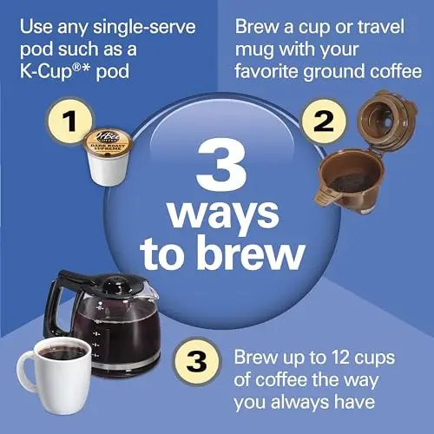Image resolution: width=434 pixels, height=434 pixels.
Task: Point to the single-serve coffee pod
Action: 107,155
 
